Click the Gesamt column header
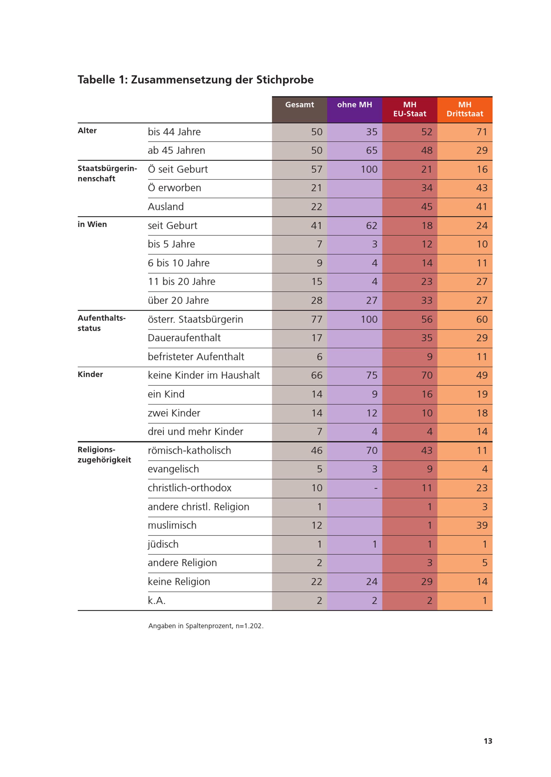[x=299, y=105]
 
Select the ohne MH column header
[x=355, y=105]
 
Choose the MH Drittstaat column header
[x=465, y=109]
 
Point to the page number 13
[x=488, y=741]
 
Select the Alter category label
[x=87, y=131]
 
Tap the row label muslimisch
[x=172, y=525]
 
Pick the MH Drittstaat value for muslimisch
[x=482, y=525]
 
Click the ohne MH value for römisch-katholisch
[x=372, y=450]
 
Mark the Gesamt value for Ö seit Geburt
[x=317, y=169]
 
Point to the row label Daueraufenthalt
[x=184, y=338]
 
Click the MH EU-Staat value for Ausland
[x=427, y=206]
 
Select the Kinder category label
[x=90, y=374]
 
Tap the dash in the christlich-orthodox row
[x=376, y=489]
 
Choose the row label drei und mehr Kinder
[x=195, y=432]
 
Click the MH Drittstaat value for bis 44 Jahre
[x=482, y=132]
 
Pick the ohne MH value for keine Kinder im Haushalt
[x=372, y=375]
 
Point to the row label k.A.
[x=156, y=600]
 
